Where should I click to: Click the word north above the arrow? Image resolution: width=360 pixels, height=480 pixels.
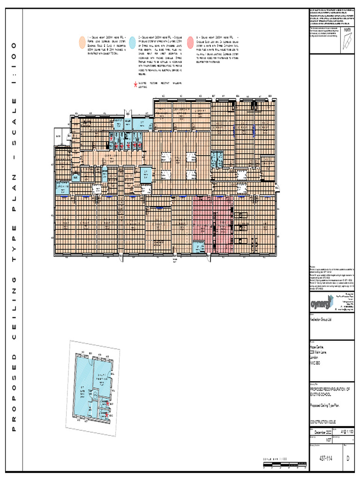pos(347,31)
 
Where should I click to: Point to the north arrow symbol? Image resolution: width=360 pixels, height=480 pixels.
pos(347,42)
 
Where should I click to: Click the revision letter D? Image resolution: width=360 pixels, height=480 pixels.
pos(347,459)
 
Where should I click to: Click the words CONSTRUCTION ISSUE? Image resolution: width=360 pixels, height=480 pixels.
pos(323,422)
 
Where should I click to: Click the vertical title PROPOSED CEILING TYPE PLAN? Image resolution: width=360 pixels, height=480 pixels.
pos(15,239)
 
